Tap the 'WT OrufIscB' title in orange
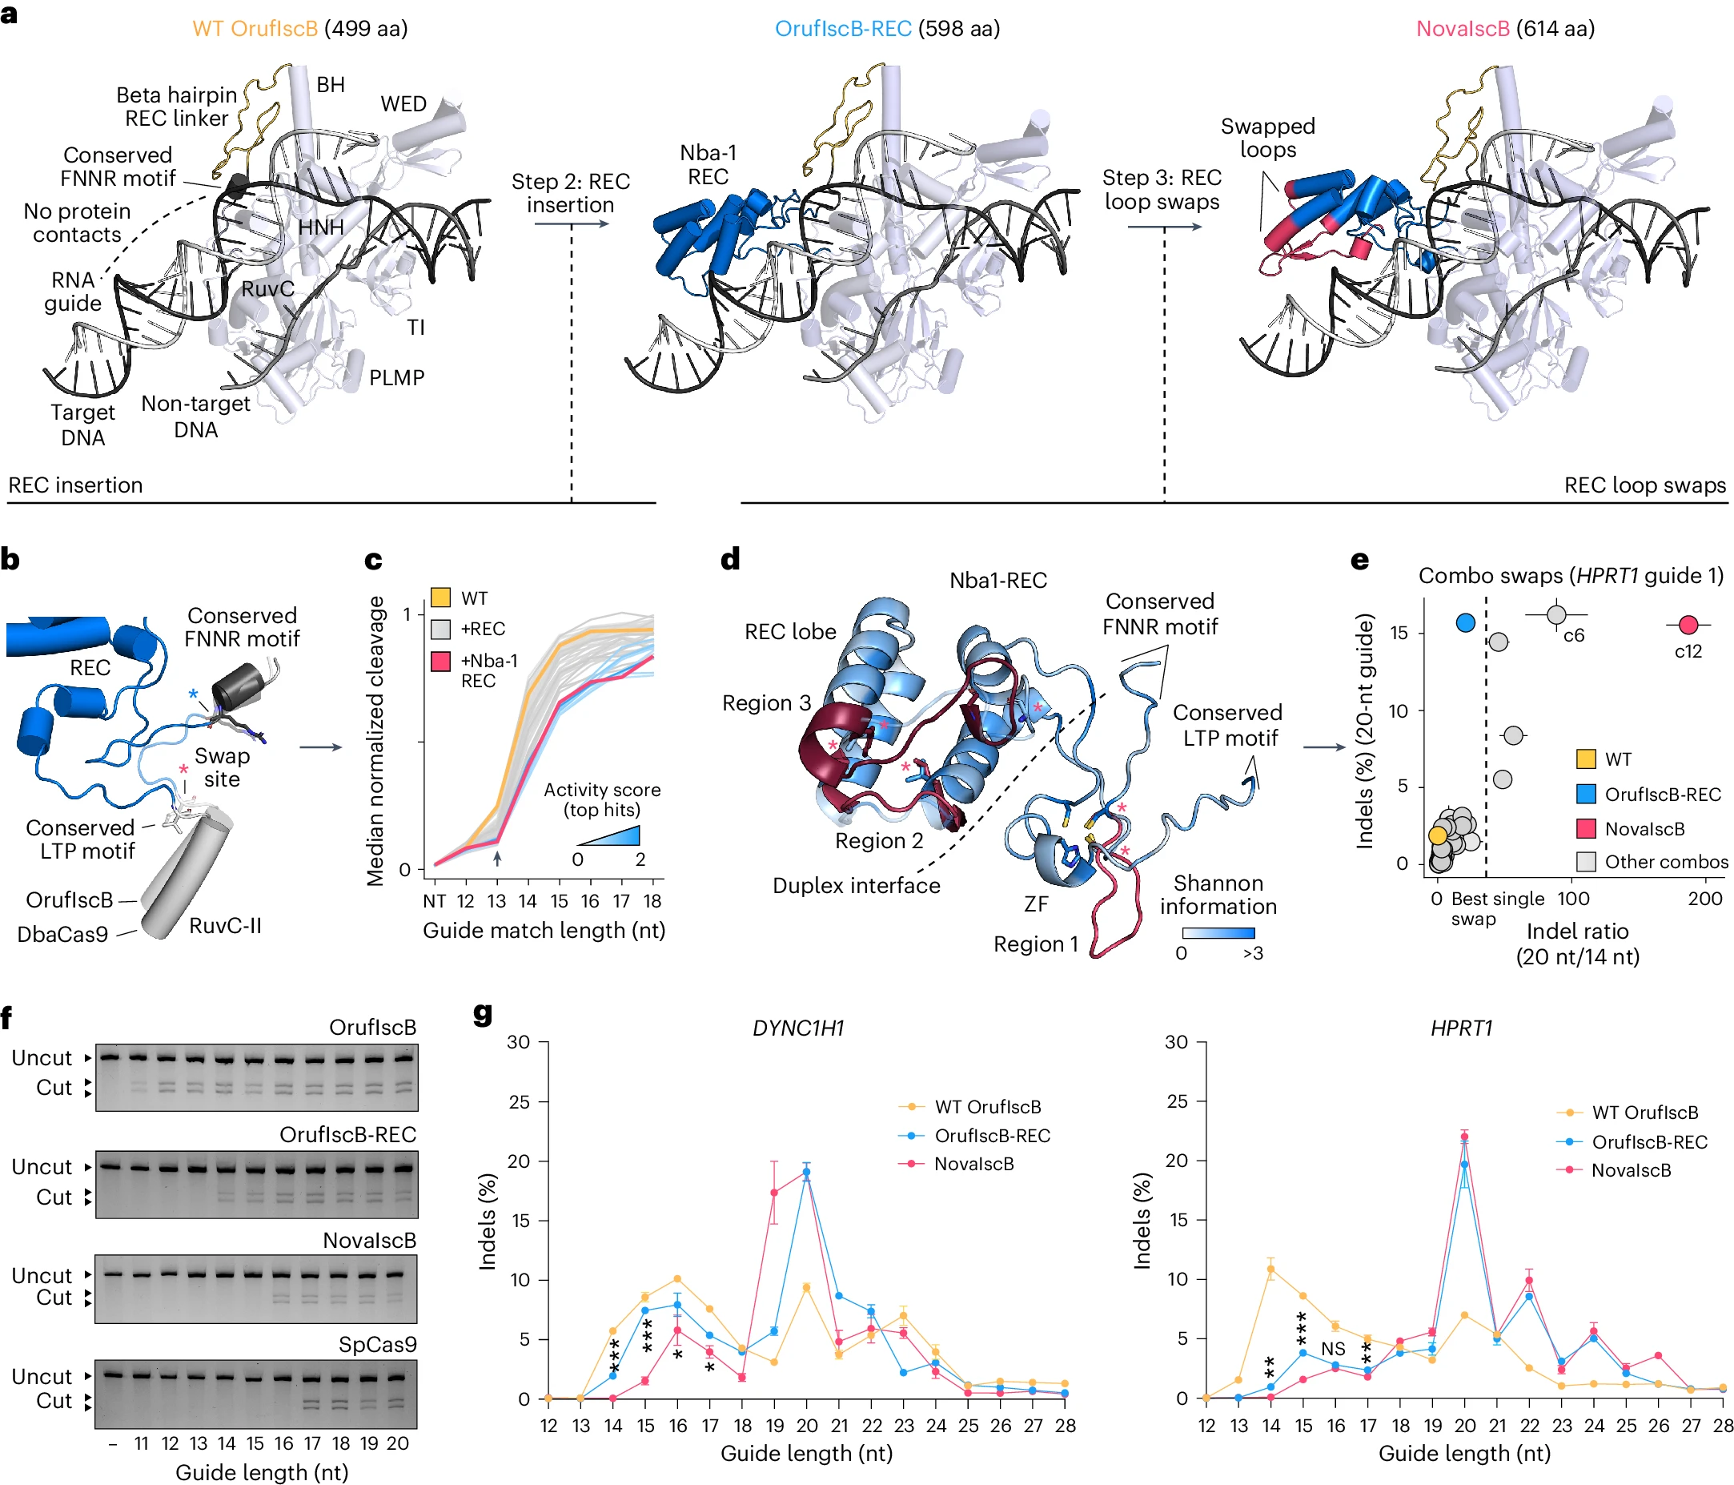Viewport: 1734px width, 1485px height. click(x=255, y=29)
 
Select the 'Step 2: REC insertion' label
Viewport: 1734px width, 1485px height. click(x=571, y=193)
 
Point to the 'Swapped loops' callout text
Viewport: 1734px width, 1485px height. click(x=1267, y=138)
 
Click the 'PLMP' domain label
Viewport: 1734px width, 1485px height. click(x=397, y=377)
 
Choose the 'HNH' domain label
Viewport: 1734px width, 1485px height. click(x=320, y=227)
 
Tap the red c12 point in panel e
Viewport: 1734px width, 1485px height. click(x=1688, y=625)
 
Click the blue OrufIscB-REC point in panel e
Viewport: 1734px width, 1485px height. click(x=1464, y=623)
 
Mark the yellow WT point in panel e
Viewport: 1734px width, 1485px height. click(x=1438, y=835)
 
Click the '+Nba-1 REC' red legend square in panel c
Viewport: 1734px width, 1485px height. click(x=441, y=662)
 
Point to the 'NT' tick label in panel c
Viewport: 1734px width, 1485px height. click(x=435, y=901)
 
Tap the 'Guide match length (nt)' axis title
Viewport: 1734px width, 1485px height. click(x=544, y=930)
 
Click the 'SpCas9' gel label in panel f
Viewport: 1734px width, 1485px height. click(x=377, y=1344)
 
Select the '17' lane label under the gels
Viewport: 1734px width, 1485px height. click(x=312, y=1443)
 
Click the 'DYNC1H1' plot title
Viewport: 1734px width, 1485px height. click(x=798, y=1028)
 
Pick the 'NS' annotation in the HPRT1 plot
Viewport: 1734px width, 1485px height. click(x=1333, y=1349)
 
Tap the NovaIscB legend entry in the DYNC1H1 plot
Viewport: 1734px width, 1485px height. click(x=973, y=1164)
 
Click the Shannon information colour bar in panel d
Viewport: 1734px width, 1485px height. click(x=1218, y=932)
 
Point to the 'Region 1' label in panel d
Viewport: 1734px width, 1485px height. click(x=1035, y=944)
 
